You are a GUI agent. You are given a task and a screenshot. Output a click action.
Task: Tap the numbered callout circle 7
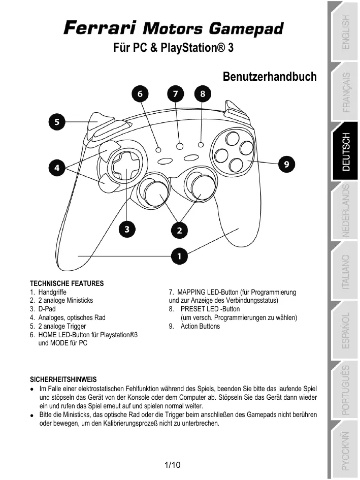tap(175, 94)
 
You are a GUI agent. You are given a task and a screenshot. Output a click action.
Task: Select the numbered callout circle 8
tap(203, 94)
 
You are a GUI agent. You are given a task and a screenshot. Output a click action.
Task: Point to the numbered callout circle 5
tap(57, 122)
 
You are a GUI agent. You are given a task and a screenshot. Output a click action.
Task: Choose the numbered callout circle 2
tap(179, 230)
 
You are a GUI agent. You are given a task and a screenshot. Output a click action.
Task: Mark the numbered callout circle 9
tap(287, 164)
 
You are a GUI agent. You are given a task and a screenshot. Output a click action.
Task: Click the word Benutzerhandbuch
tap(270, 77)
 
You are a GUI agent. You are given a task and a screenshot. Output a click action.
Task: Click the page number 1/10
tap(173, 465)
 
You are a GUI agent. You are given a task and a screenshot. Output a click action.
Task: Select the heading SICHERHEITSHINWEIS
tap(63, 379)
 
